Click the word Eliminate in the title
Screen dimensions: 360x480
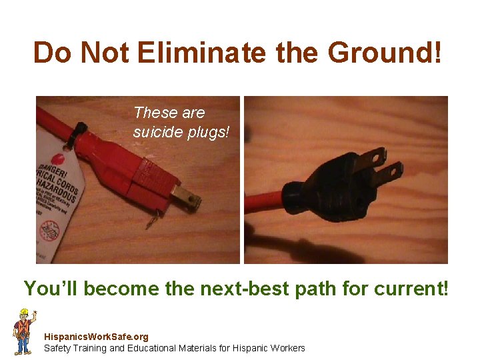201,53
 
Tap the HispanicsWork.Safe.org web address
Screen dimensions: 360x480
96,337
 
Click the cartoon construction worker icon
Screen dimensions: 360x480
24,331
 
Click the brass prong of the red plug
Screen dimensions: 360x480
187,199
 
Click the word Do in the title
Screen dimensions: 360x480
51,53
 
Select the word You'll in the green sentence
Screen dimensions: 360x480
50,289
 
